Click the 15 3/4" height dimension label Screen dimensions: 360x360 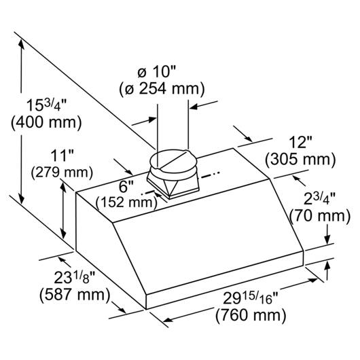tap(46, 105)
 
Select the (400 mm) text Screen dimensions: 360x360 tap(46, 122)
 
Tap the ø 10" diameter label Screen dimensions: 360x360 tap(156, 72)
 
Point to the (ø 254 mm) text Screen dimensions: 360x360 tap(162, 89)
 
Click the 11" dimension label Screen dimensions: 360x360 tap(62, 156)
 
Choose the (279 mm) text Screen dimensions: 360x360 tap(62, 173)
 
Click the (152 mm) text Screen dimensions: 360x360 tap(126, 202)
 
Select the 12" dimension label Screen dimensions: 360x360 tap(300, 143)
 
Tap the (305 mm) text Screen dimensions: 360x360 tap(300, 160)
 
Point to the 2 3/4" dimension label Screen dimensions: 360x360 tap(320, 198)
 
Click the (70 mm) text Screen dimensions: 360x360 tap(320, 216)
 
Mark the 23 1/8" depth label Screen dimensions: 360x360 tap(75, 277)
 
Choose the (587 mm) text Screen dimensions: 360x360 tap(75, 294)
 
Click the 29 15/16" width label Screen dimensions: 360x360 tap(251, 298)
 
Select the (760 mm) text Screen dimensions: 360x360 tap(251, 315)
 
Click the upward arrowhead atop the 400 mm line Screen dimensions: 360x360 tap(21, 44)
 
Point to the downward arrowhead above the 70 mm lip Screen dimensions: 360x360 tap(327, 240)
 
